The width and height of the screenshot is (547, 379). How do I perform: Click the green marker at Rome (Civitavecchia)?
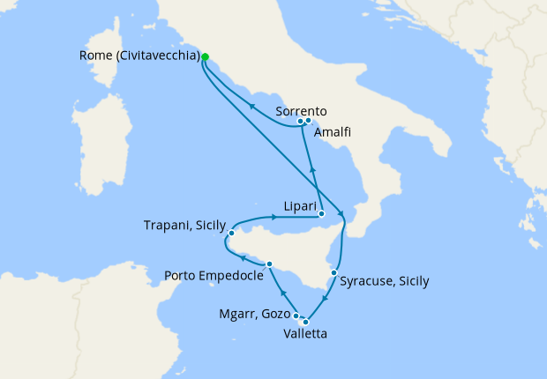coord(206,56)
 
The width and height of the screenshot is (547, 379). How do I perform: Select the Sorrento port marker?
coord(301,121)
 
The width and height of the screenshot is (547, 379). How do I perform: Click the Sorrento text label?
coord(302,111)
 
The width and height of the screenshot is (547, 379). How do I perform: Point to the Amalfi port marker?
coord(310,121)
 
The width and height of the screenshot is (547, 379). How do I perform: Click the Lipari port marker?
coord(322,213)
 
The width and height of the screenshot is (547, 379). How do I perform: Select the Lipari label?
coord(300,204)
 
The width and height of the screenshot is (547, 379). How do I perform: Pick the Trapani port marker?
coord(231,234)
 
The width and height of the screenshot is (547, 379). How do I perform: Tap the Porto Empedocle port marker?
coord(269,264)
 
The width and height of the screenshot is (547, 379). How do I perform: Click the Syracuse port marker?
coord(333,272)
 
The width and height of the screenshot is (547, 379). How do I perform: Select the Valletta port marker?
coord(305,322)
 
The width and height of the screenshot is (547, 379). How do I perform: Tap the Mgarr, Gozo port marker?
coord(296,316)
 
